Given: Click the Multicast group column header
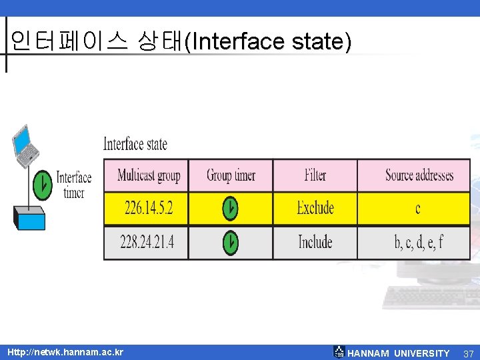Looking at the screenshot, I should (x=149, y=175).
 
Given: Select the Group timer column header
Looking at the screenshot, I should (x=231, y=175).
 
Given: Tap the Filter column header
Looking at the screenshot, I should (x=315, y=175).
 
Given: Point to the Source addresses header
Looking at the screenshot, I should (x=419, y=175).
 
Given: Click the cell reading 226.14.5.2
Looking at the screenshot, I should (x=149, y=208).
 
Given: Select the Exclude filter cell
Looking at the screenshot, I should (x=315, y=208).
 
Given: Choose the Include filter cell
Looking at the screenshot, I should (x=315, y=242).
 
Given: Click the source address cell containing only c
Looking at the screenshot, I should (x=418, y=209).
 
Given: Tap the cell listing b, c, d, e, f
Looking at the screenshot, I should (x=418, y=242).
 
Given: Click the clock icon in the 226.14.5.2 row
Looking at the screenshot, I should (x=230, y=209).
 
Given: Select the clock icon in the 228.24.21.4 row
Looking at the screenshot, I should (x=230, y=243).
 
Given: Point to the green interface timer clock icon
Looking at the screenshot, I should (x=42, y=184).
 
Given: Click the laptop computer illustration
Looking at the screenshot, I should (x=25, y=145).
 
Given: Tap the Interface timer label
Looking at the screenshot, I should (x=73, y=185).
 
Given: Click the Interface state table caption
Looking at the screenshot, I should (x=135, y=144).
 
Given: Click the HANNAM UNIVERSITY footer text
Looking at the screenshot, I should (x=398, y=353).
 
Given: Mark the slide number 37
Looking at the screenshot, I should (x=468, y=353).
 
